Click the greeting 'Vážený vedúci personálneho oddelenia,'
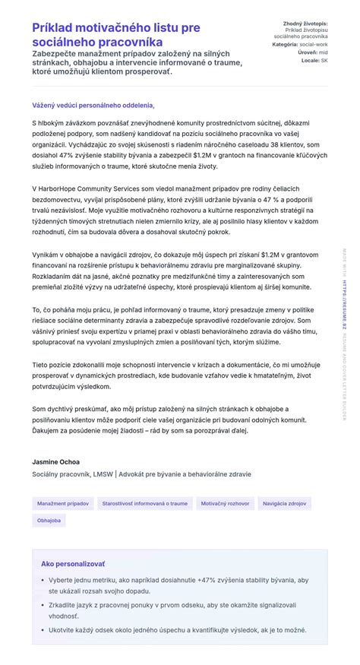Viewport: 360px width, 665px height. pos(93,105)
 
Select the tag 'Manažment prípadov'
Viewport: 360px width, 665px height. pos(63,503)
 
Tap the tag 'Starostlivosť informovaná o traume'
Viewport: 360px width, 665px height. pos(144,503)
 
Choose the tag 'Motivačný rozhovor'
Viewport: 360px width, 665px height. pos(225,503)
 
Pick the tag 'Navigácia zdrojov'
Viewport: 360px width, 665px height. pos(284,503)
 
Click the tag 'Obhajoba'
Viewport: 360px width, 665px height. pos(49,521)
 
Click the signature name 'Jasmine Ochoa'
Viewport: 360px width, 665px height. pos(55,461)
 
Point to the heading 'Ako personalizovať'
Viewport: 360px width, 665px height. pos(73,564)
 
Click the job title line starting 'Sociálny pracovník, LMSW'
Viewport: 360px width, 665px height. pos(141,474)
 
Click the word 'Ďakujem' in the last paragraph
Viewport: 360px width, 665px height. pos(47,430)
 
